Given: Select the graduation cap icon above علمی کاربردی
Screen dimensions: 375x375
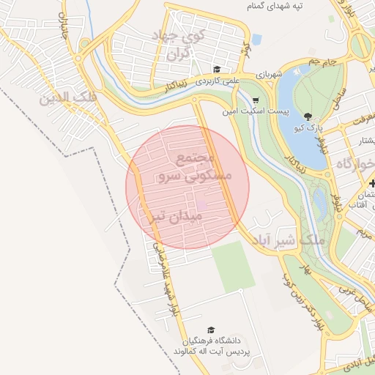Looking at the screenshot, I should coord(218,70).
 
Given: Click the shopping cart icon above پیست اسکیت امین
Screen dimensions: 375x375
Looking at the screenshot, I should coord(256,101).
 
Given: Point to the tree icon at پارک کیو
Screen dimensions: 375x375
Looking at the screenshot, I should coord(308,116).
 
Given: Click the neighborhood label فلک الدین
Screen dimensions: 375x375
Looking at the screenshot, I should coord(62,97).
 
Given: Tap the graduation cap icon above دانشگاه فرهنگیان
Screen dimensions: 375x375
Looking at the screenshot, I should coord(212,330).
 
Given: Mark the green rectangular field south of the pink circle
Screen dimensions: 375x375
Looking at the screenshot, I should coord(233,266).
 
